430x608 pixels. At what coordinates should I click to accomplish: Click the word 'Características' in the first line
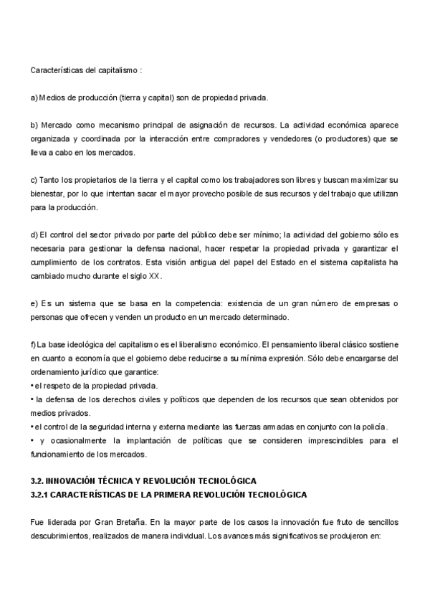(56, 70)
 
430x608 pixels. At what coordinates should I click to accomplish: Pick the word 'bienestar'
(48, 194)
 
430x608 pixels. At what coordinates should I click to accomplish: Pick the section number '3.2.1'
(42, 495)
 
